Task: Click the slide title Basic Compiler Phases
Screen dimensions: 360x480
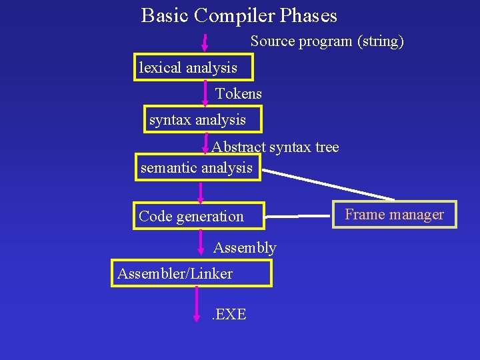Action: (x=239, y=15)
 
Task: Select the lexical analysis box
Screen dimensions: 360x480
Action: (x=187, y=67)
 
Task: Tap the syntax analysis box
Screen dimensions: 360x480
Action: (x=203, y=120)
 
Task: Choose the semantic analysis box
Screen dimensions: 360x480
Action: (x=197, y=167)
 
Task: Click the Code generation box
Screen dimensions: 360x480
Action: (x=199, y=216)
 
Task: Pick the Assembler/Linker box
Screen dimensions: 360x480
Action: (x=191, y=273)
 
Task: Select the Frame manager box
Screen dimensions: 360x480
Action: (x=394, y=215)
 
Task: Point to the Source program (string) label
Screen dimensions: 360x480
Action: (x=327, y=41)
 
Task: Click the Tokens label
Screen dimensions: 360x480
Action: (x=239, y=94)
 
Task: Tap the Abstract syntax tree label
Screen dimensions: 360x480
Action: (x=275, y=147)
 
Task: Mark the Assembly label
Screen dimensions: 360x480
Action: (x=244, y=248)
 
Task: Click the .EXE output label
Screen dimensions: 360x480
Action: (x=229, y=314)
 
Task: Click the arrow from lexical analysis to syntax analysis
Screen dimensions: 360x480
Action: (x=205, y=93)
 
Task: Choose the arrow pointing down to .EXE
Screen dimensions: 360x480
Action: (x=197, y=303)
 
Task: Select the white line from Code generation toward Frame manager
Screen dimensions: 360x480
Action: (x=298, y=216)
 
